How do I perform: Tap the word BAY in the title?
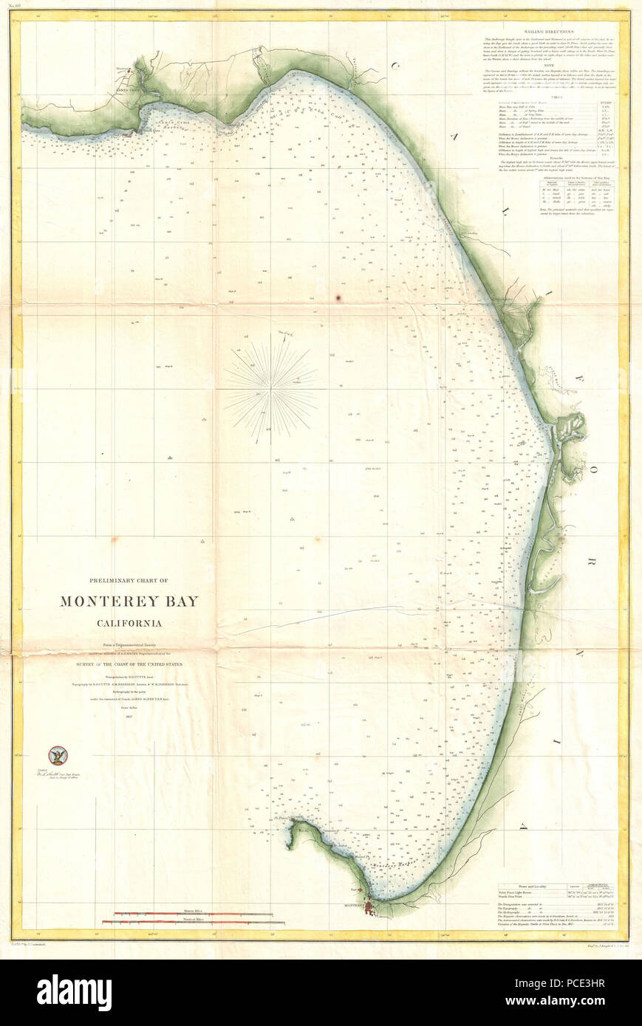pyautogui.click(x=183, y=601)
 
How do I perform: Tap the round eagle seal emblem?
pyautogui.click(x=57, y=755)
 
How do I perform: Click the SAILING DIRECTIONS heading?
pyautogui.click(x=548, y=32)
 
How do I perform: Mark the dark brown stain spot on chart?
pyautogui.click(x=339, y=298)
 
